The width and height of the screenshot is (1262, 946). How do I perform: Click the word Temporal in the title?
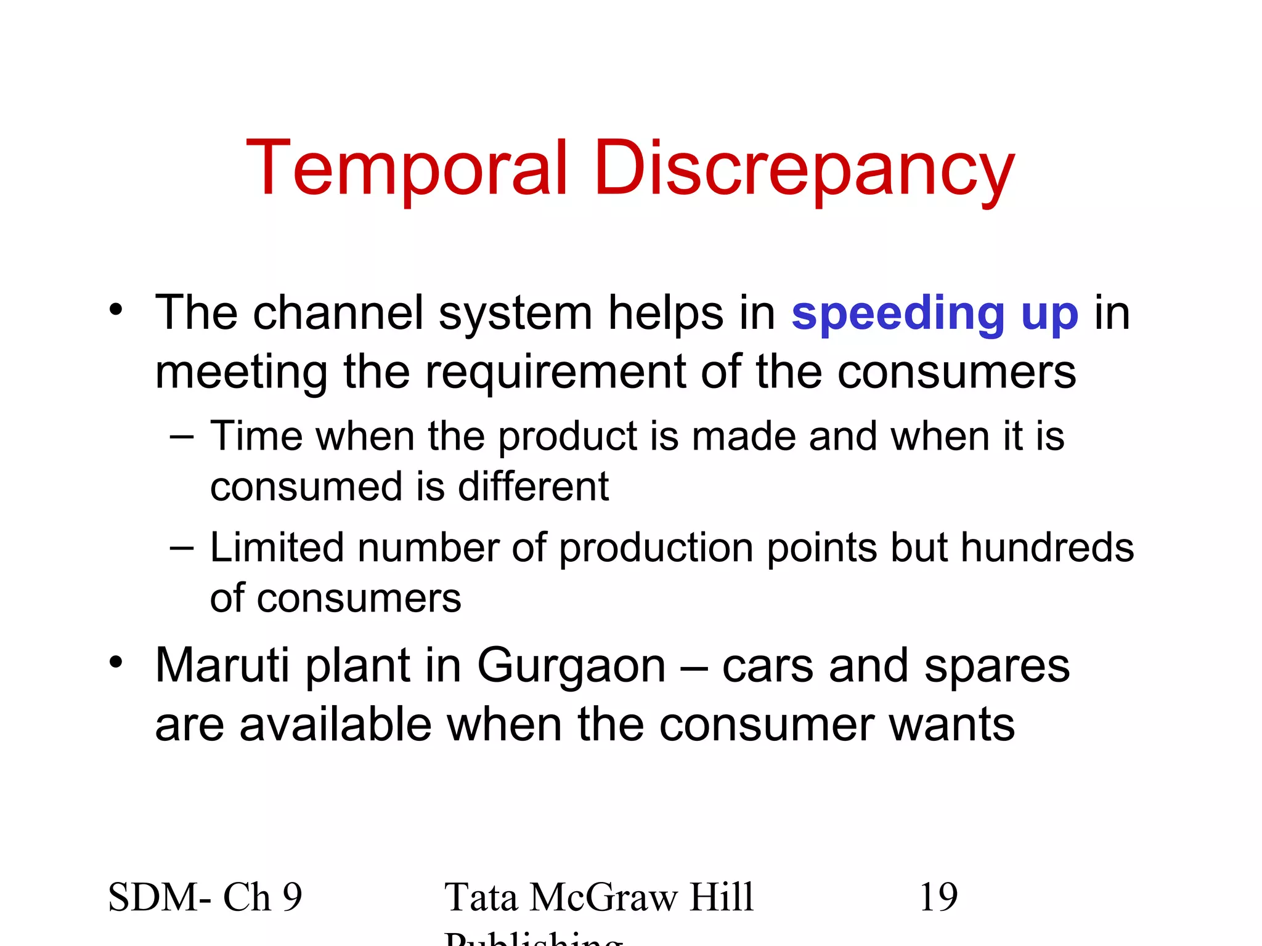(x=407, y=168)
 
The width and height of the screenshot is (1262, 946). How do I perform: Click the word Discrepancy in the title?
(x=804, y=169)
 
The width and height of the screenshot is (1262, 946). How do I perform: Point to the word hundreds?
(x=1047, y=548)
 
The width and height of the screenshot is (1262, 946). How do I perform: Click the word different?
(x=533, y=487)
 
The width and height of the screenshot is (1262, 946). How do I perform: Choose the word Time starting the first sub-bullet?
(x=256, y=436)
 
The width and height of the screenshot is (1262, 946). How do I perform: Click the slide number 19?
(x=938, y=897)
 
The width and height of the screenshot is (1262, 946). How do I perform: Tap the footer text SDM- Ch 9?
(x=205, y=897)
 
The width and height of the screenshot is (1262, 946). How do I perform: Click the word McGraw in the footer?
(x=603, y=897)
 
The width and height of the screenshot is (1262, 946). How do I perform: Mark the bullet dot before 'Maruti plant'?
(x=116, y=661)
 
